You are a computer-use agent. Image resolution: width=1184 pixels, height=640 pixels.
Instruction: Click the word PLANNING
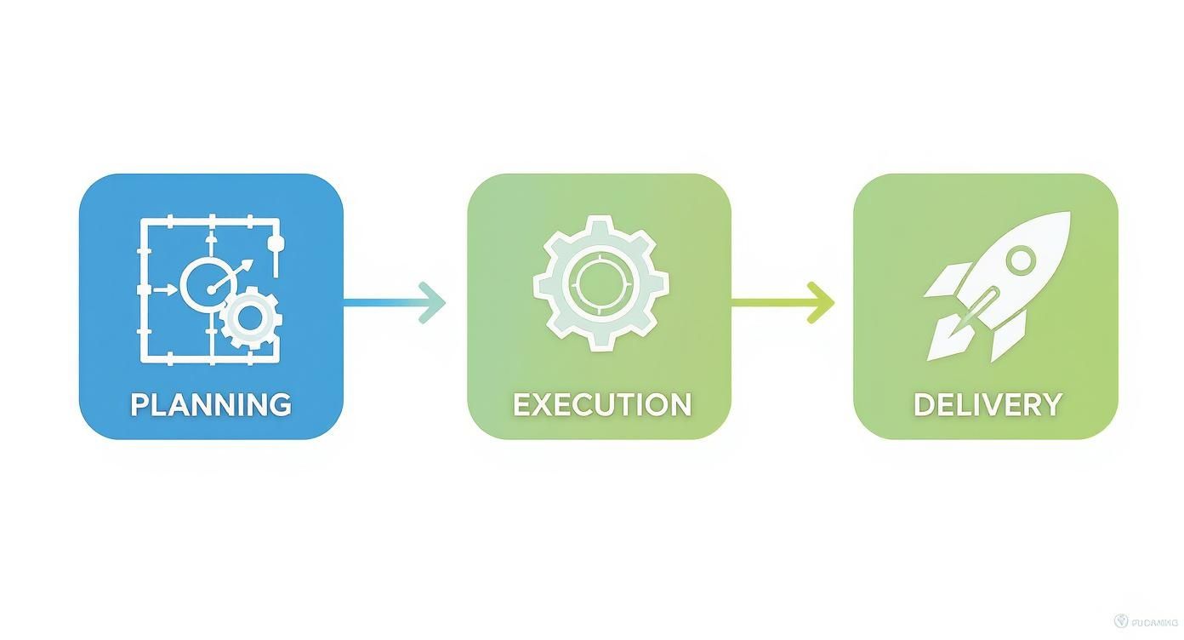[210, 404]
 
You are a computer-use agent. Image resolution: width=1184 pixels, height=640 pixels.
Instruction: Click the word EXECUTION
[601, 404]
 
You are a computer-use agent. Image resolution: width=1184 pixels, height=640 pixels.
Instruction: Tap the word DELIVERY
[988, 404]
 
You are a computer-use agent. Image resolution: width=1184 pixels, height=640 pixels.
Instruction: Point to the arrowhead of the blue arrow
[434, 302]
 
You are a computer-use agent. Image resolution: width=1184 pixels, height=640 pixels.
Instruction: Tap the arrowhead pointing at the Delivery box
[823, 301]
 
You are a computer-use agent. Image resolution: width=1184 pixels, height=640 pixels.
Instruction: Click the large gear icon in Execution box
[601, 283]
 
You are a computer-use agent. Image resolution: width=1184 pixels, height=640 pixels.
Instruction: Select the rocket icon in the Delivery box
[995, 285]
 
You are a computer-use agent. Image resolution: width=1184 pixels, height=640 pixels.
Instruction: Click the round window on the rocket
[1022, 257]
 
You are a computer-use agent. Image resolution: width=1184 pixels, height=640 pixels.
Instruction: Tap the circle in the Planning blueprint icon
[205, 283]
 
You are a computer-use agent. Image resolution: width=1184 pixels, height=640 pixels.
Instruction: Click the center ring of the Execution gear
[601, 283]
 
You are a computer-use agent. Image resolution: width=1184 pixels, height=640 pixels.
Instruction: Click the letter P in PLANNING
[140, 404]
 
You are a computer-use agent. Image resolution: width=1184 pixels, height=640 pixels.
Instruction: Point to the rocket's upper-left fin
[946, 281]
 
